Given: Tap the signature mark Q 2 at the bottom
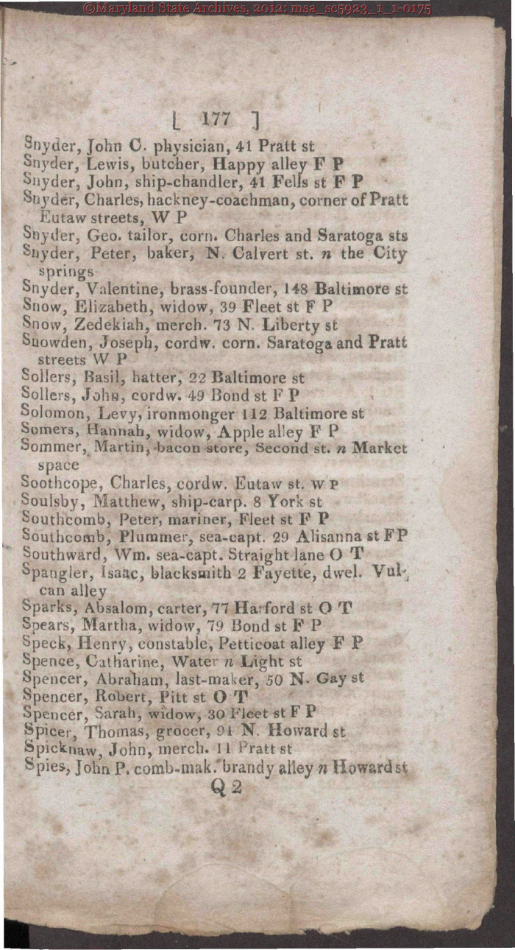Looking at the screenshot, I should click(x=226, y=787).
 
